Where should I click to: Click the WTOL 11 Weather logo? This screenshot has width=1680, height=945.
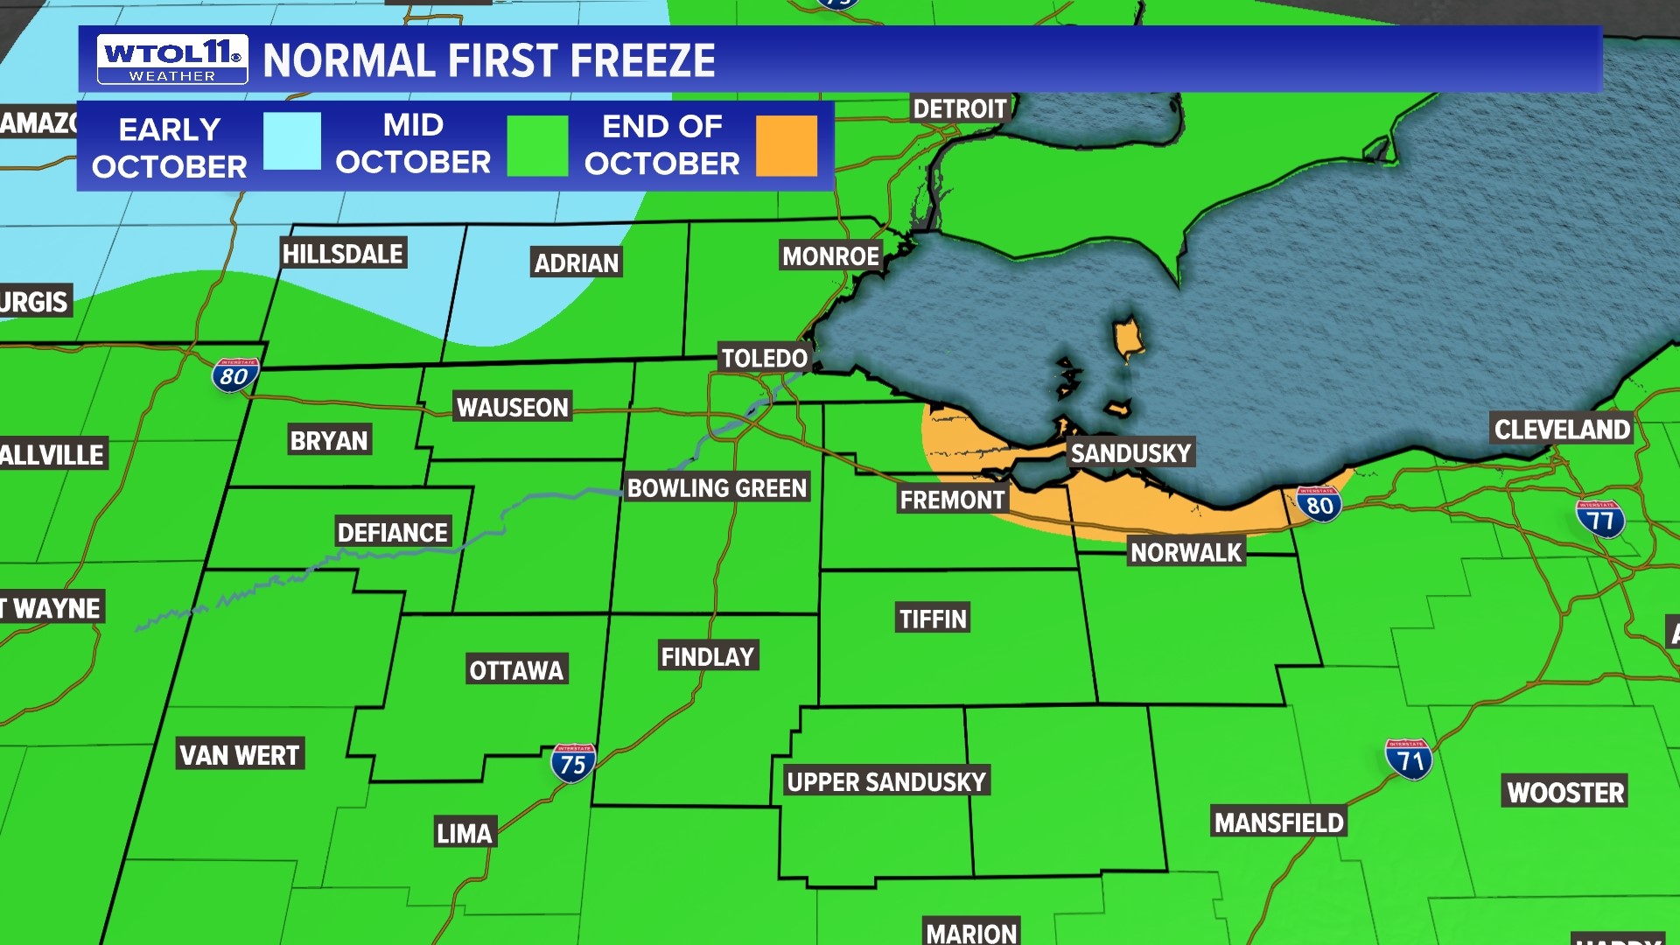(x=172, y=59)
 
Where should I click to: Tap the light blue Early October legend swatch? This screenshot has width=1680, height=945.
(x=292, y=141)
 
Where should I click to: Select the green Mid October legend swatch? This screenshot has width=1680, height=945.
(x=537, y=145)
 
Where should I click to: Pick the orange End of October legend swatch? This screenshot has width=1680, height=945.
(x=786, y=145)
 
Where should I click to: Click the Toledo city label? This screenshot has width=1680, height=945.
(x=764, y=358)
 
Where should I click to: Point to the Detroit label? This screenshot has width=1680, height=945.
(x=960, y=109)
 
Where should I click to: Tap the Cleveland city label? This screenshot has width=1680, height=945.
(x=1562, y=430)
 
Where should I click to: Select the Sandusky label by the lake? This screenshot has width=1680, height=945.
(x=1130, y=453)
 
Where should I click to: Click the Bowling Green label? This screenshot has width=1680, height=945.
(x=717, y=488)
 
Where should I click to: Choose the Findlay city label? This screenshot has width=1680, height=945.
(x=707, y=656)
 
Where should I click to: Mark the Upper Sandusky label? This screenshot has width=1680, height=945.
(x=886, y=781)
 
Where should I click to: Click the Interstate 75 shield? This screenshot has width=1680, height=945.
(x=573, y=764)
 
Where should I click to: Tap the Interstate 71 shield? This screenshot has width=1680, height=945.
(x=1409, y=759)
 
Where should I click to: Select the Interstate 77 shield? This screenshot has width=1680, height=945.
(x=1600, y=520)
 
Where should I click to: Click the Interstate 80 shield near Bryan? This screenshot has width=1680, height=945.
(x=234, y=375)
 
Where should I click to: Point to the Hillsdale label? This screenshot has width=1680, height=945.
(x=343, y=254)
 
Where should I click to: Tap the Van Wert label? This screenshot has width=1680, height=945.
(x=240, y=754)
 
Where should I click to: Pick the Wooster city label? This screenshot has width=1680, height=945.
(x=1565, y=792)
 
